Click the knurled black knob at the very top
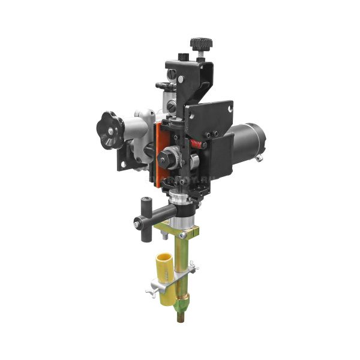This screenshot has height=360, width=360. tap(201, 44)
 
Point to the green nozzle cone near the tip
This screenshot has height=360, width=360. tap(180, 299)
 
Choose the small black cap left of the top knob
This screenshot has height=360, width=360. tap(184, 57)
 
